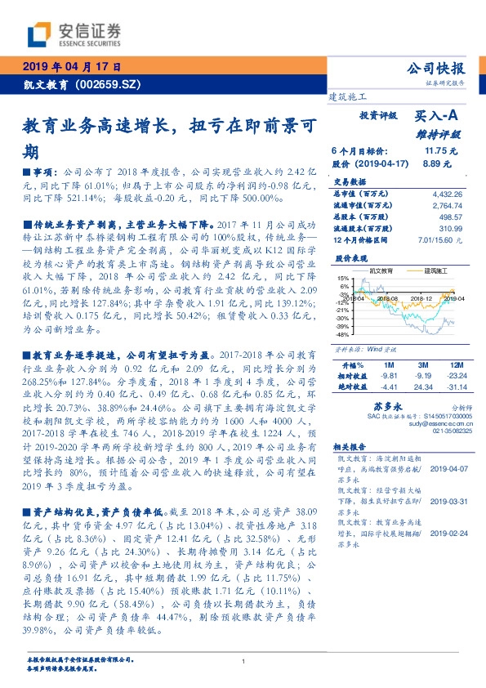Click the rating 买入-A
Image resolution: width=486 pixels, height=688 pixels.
437,117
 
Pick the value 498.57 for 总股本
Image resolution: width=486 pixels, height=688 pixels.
450,218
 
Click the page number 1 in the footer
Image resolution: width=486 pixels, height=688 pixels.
243,662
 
